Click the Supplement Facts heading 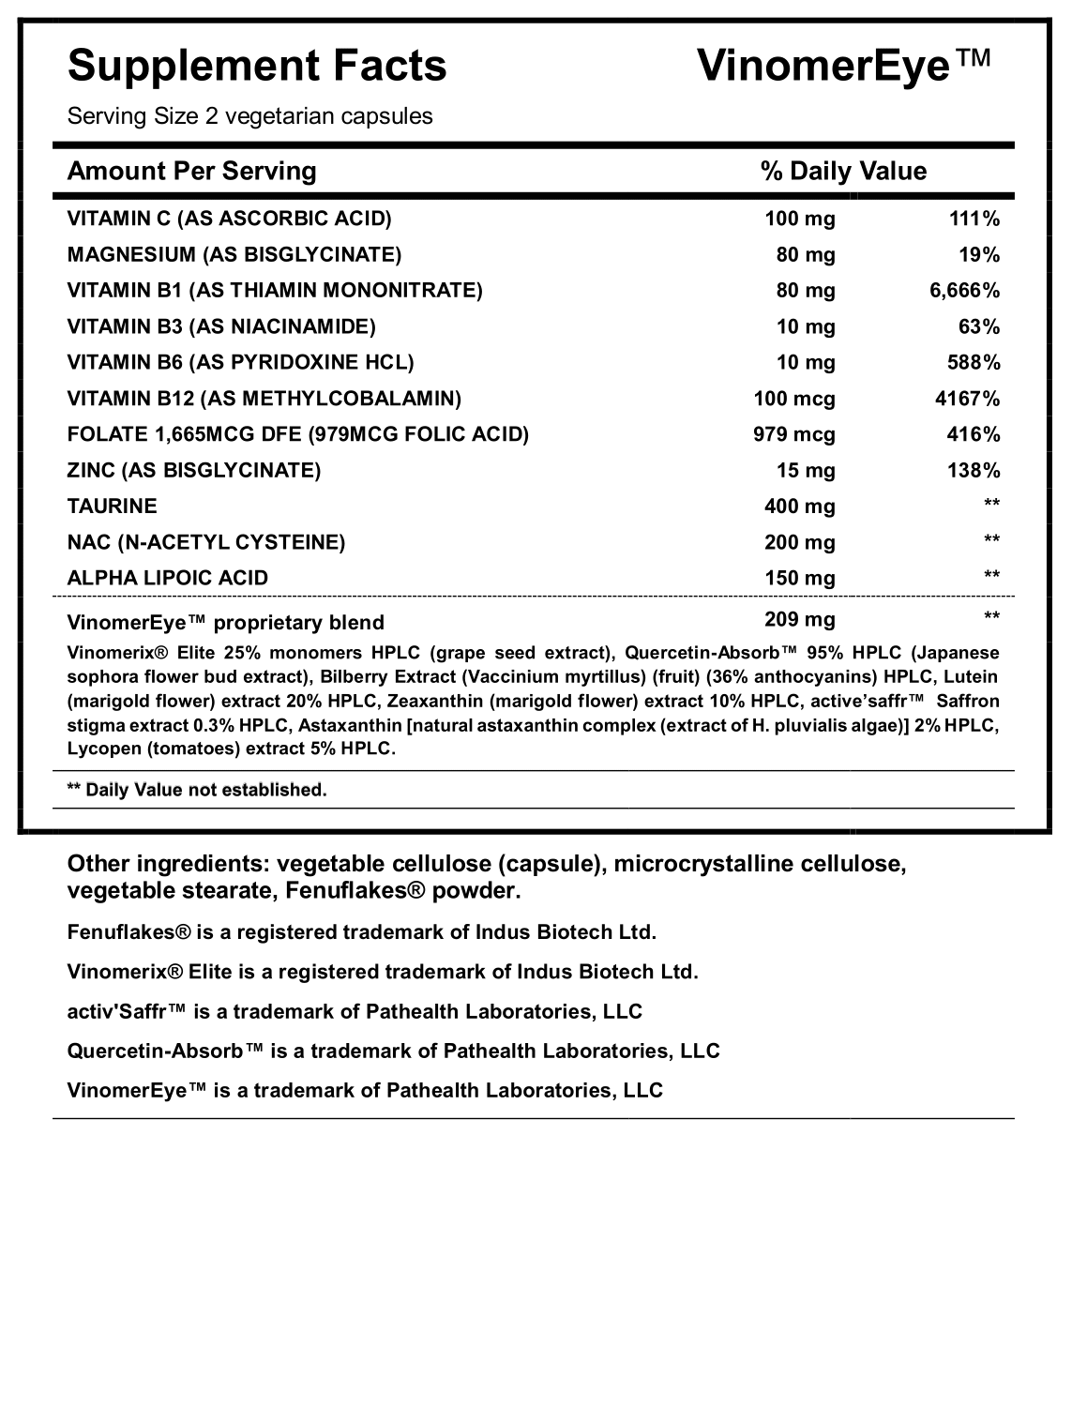point(257,67)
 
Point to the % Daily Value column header point(843,171)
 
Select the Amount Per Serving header point(192,171)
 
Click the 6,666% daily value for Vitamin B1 point(964,291)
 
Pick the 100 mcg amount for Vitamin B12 point(793,399)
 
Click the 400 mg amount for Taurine point(799,507)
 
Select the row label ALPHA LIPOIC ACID point(168,578)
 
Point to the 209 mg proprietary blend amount point(799,619)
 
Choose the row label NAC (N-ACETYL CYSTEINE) point(206,542)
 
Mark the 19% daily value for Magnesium point(981,255)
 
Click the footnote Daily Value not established point(197,790)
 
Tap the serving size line point(249,116)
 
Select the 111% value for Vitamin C point(975,219)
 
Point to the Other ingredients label point(170,864)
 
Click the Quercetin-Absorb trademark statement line point(393,1051)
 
